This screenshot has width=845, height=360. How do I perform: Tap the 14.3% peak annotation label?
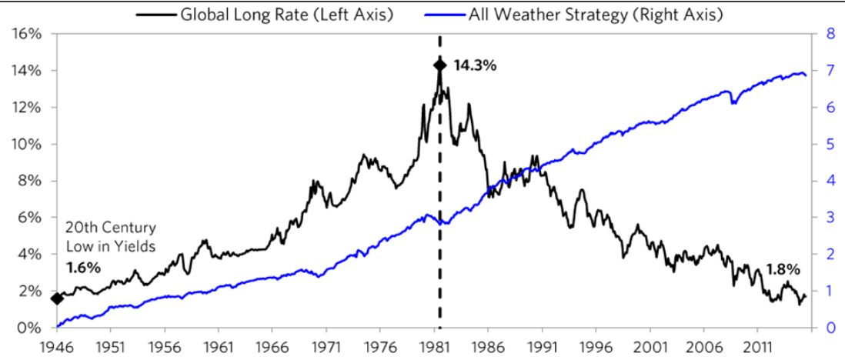pyautogui.click(x=475, y=65)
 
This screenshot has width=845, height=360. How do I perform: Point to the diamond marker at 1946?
pyautogui.click(x=56, y=298)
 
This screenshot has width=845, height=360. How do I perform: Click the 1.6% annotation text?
pyautogui.click(x=82, y=268)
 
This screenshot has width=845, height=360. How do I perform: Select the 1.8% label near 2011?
pyautogui.click(x=783, y=269)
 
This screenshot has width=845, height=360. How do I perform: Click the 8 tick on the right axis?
pyautogui.click(x=830, y=34)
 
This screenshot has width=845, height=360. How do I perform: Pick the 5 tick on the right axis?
pyautogui.click(x=830, y=145)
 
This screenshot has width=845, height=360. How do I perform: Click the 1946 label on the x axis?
pyautogui.click(x=56, y=347)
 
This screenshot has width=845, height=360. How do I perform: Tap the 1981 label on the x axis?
pyautogui.click(x=439, y=347)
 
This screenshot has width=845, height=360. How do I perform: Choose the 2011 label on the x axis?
pyautogui.click(x=768, y=347)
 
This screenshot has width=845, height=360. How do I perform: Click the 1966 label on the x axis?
pyautogui.click(x=275, y=347)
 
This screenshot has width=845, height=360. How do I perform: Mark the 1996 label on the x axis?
pyautogui.click(x=604, y=347)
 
